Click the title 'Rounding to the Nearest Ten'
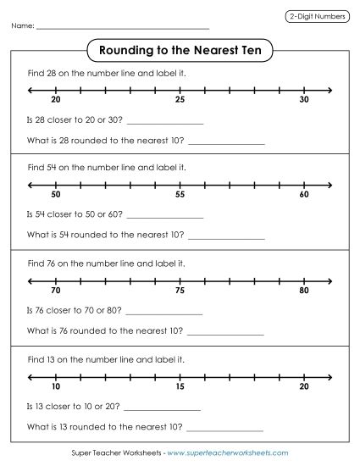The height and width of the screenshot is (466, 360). tap(180, 49)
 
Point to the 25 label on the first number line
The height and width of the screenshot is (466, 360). tap(180, 100)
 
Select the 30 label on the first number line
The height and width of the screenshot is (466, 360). tap(304, 100)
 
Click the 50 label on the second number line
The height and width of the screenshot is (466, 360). tap(56, 194)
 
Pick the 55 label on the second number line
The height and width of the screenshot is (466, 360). tap(180, 194)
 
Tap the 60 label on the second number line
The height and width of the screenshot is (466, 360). tap(304, 194)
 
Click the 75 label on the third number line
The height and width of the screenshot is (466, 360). tap(180, 291)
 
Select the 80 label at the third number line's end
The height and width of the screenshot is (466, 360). tap(304, 291)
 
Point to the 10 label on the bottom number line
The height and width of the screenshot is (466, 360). tap(56, 386)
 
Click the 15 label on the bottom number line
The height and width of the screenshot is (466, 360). tap(180, 386)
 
